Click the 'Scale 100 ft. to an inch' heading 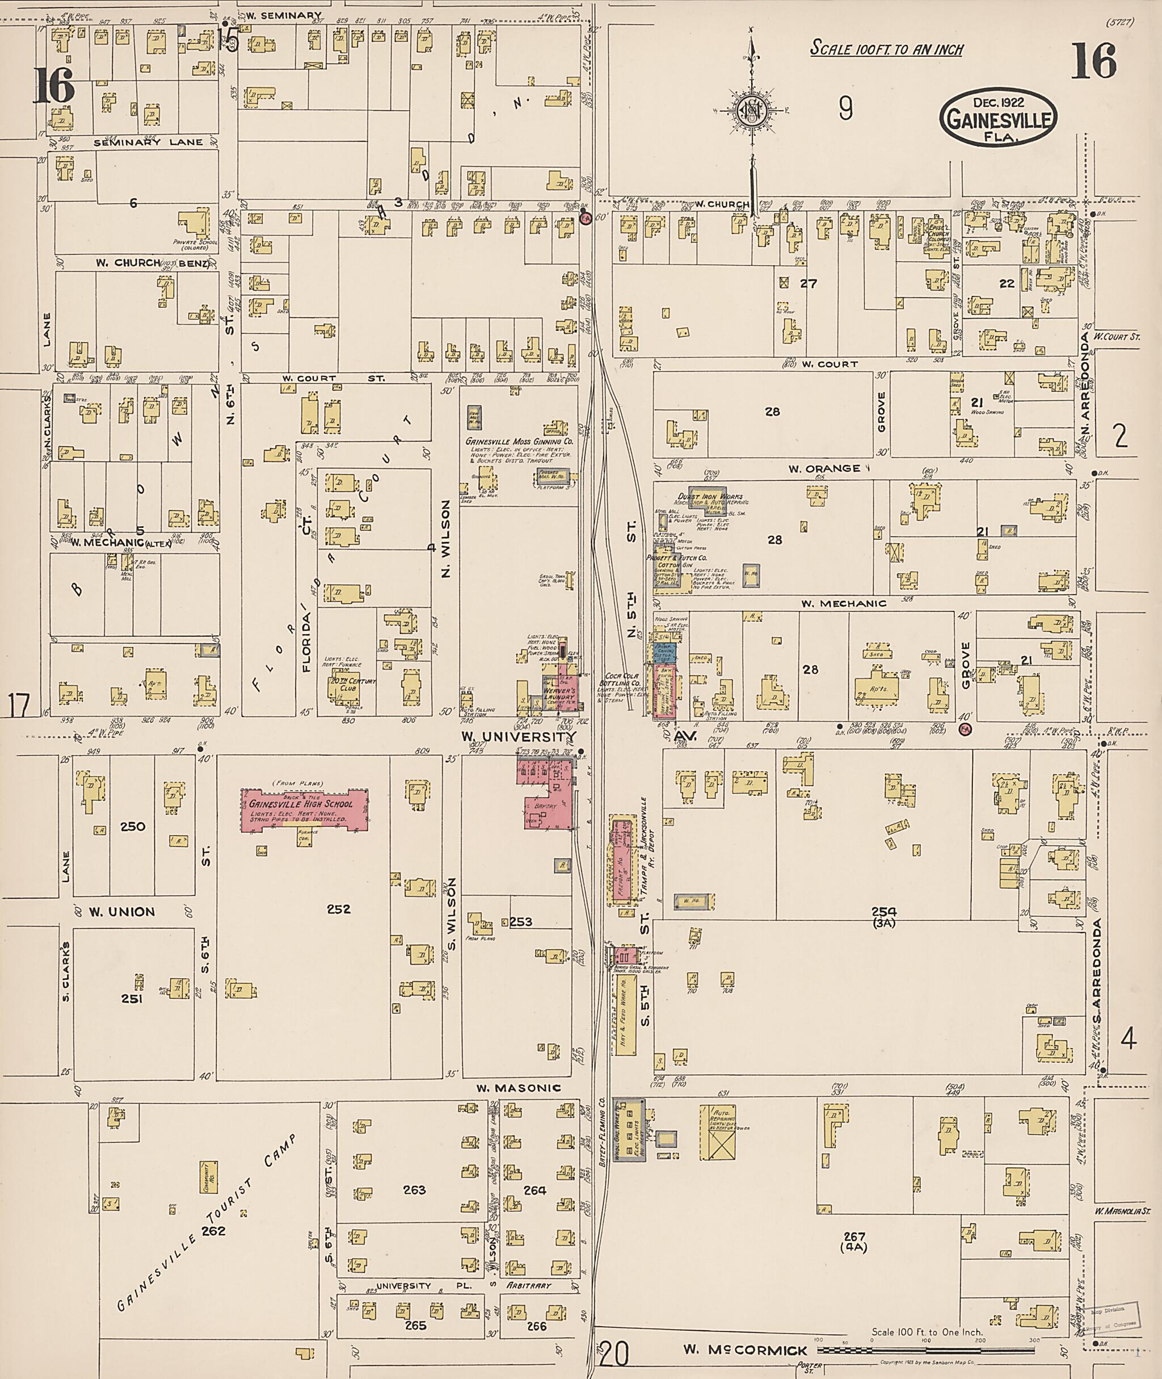886,49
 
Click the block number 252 339,909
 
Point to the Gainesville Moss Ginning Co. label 519,441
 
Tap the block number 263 414,1190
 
